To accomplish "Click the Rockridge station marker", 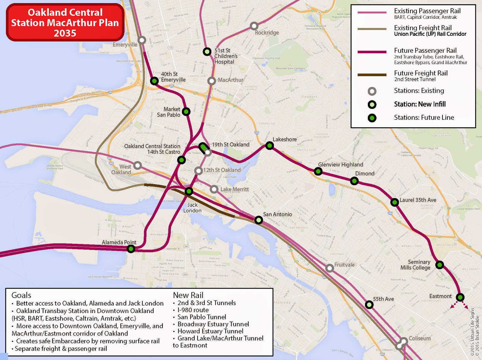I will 254,26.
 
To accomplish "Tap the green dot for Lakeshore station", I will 269,146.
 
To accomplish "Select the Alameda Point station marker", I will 131,249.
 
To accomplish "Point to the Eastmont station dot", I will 460,297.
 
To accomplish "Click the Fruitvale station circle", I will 330,268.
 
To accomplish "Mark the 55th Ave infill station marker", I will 369,305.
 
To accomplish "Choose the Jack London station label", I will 192,208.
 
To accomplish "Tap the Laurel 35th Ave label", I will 418,200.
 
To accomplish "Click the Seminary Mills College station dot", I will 440,265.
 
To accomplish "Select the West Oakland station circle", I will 138,165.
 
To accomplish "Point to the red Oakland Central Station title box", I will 65,23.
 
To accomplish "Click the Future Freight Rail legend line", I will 372,75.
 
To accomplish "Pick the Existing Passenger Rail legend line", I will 372,12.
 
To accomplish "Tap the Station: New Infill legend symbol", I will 372,104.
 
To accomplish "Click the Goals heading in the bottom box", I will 21,295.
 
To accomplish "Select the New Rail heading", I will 188,295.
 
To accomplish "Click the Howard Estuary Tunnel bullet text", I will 210,331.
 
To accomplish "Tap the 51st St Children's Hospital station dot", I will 207,52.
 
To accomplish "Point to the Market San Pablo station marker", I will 186,112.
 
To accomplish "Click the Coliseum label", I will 420,338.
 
